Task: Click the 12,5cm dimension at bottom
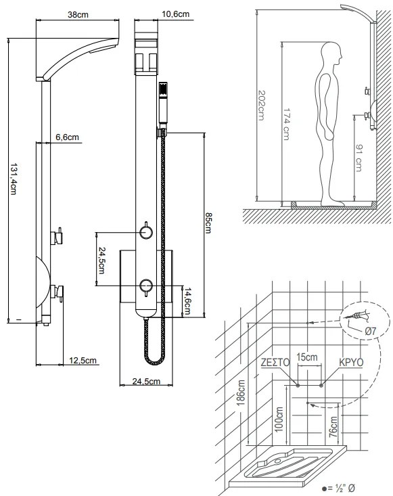point(84,360)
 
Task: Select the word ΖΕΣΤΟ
point(275,362)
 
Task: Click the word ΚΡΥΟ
point(351,362)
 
